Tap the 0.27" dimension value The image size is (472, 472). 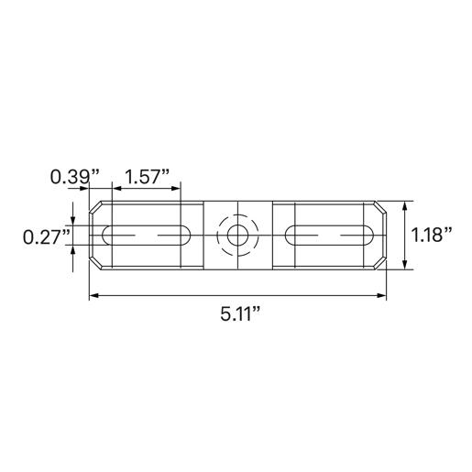point(46,236)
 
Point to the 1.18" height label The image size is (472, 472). point(431,235)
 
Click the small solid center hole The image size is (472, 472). point(237,236)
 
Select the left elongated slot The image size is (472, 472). point(147,236)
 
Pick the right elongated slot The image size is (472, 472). point(328,236)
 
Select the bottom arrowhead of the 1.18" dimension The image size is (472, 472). point(401,266)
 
